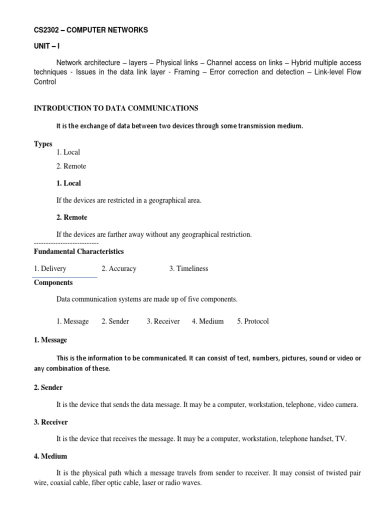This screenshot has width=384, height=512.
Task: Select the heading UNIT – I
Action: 46,46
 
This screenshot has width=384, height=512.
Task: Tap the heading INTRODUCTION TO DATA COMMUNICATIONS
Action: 115,108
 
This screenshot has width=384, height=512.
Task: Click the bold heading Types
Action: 43,144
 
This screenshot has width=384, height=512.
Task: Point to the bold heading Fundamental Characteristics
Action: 78,251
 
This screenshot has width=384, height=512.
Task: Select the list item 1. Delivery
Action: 50,268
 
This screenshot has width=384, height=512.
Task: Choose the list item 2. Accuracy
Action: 118,268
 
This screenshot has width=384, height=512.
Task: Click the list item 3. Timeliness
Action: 188,268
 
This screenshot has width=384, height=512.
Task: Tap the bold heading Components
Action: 53,282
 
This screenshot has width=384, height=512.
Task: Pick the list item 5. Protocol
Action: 252,321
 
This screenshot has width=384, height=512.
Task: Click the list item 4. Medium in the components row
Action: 207,321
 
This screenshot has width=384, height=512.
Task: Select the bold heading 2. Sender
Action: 48,387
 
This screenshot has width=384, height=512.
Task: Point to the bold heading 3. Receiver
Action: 50,422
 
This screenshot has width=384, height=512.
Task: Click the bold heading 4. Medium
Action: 50,456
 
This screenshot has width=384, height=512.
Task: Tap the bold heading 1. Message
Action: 50,340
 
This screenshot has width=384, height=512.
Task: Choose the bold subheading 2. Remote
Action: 72,217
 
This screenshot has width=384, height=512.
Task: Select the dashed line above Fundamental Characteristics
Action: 66,242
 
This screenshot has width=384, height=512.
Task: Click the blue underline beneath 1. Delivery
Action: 65,277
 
